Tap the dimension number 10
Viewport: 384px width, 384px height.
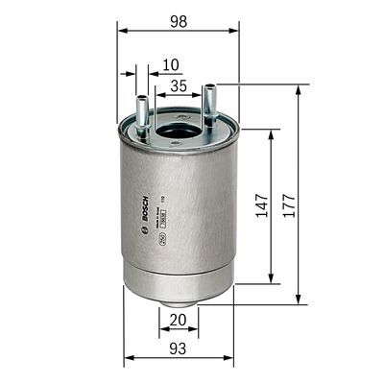point(171,65)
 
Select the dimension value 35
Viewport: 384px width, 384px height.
point(178,86)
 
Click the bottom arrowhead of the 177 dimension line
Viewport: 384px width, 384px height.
point(300,300)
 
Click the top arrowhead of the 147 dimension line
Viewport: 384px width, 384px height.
point(272,133)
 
